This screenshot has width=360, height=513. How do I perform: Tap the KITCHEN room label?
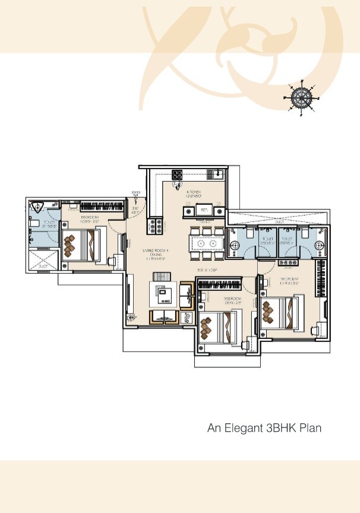pyautogui.click(x=194, y=192)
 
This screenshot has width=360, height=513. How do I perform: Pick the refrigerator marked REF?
pyautogui.click(x=204, y=210)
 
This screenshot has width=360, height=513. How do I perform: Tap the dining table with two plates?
pyautogui.click(x=206, y=243)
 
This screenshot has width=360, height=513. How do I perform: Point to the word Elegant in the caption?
pyautogui.click(x=243, y=427)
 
